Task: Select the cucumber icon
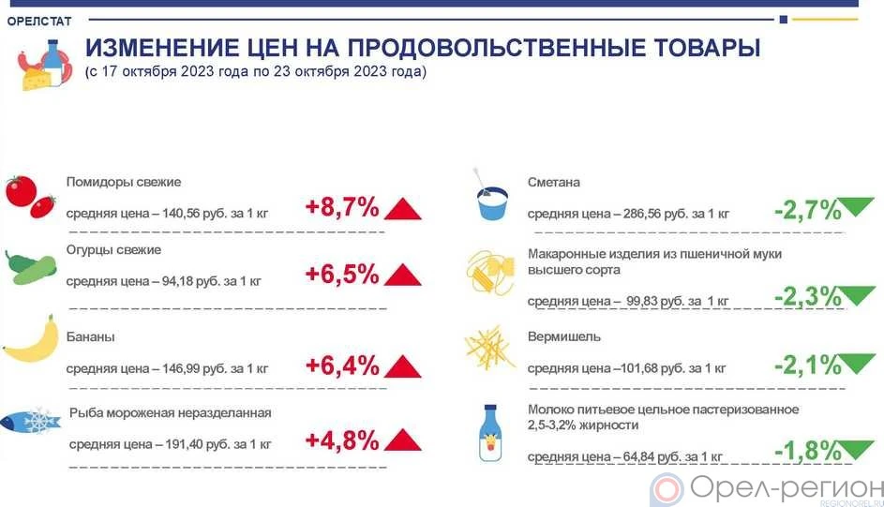tap(32, 267)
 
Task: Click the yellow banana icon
tap(30, 341)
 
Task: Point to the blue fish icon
tap(31, 424)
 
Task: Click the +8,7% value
tap(341, 207)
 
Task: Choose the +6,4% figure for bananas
tap(341, 365)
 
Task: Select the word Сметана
tap(554, 183)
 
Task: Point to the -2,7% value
tap(808, 210)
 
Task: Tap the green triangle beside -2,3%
tap(859, 295)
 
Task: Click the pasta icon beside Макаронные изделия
tap(492, 273)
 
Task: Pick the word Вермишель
tap(564, 336)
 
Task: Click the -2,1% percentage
tap(808, 365)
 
